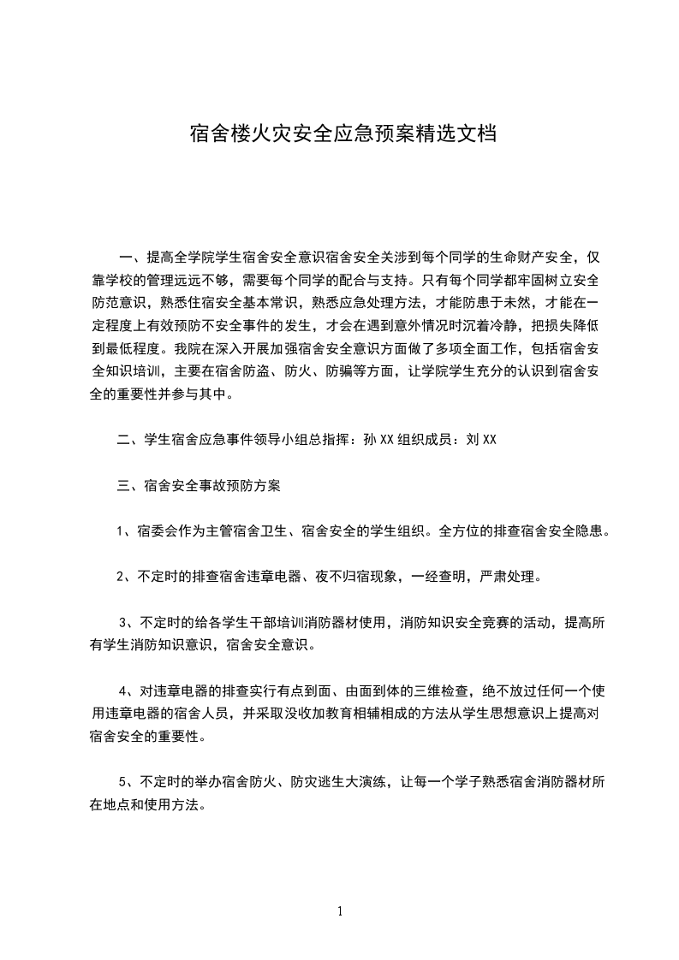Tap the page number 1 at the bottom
[x=340, y=911]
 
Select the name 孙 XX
[x=378, y=441]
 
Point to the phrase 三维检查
[x=444, y=690]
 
